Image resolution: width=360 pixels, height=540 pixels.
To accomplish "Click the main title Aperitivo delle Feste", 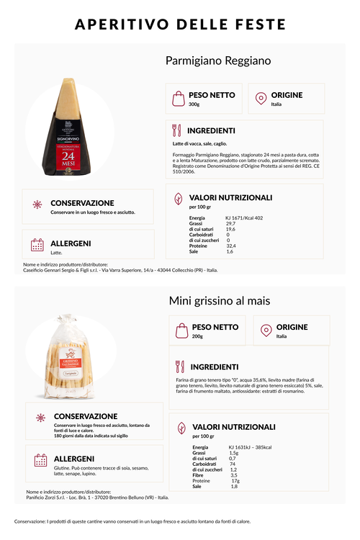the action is [x=180, y=25].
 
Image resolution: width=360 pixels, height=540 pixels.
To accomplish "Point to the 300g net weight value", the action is [x=194, y=104].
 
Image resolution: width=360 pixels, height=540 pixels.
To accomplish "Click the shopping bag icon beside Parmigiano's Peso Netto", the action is [x=177, y=99].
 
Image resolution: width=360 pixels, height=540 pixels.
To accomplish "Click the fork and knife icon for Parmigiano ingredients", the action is [x=176, y=131].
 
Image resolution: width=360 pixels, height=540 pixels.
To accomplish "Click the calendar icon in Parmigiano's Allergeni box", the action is [x=37, y=246].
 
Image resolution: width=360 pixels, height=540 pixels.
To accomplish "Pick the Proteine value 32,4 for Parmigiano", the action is [x=232, y=246].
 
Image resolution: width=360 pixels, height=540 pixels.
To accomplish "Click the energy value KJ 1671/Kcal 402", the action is [x=244, y=217].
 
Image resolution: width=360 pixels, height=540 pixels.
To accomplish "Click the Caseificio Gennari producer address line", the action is [x=120, y=271].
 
